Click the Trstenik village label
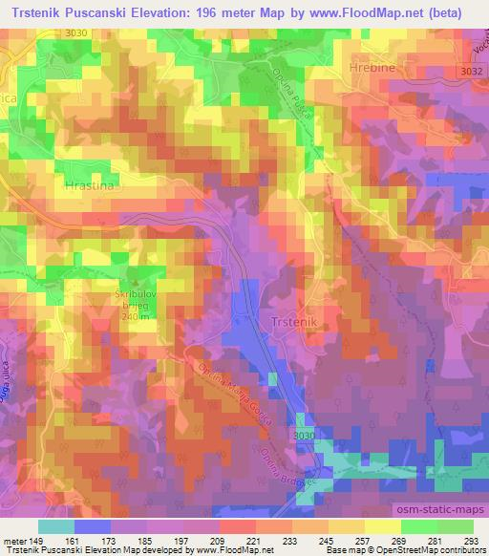pos(294,324)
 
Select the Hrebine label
pos(400,70)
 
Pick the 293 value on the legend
pos(472,541)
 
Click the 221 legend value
pos(254,541)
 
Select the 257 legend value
pos(364,541)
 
